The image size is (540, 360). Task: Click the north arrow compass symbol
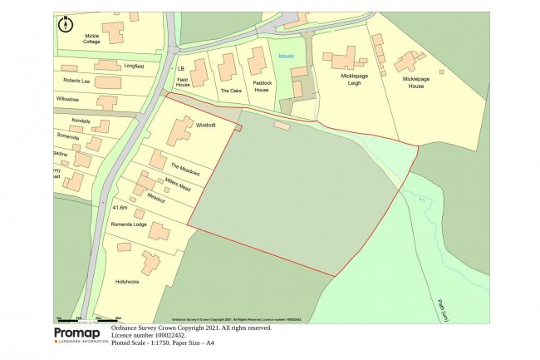click(x=65, y=24)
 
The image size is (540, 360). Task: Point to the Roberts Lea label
click(x=78, y=80)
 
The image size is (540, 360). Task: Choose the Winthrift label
click(x=206, y=126)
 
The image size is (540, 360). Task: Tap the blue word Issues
click(x=286, y=56)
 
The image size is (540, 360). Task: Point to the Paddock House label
click(x=263, y=86)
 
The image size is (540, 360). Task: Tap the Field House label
click(x=183, y=81)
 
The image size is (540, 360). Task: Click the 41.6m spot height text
click(x=120, y=206)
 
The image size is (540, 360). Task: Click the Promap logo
click(x=81, y=334)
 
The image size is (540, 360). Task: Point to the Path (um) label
click(x=439, y=308)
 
